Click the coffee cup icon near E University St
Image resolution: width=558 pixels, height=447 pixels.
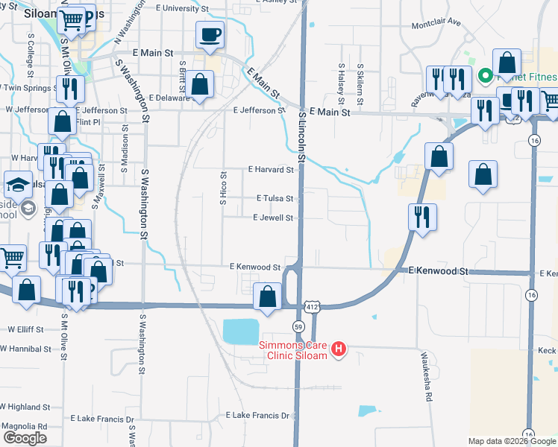coord(210,34)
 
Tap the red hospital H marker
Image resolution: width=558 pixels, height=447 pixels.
coord(339,349)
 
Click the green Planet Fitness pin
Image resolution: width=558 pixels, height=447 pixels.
coord(483,75)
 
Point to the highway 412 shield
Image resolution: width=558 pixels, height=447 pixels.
coord(313,307)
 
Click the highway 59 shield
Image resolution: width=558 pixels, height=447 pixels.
coord(298,326)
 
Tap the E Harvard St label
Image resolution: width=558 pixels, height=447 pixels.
coord(271,170)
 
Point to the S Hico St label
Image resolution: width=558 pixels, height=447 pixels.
coord(223,186)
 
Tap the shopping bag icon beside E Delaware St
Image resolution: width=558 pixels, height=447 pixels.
coord(200,84)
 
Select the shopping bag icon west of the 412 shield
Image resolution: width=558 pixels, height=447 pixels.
coord(267,297)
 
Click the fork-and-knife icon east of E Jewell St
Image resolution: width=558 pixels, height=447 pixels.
coord(422,217)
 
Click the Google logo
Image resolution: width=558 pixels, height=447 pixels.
coord(25,438)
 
